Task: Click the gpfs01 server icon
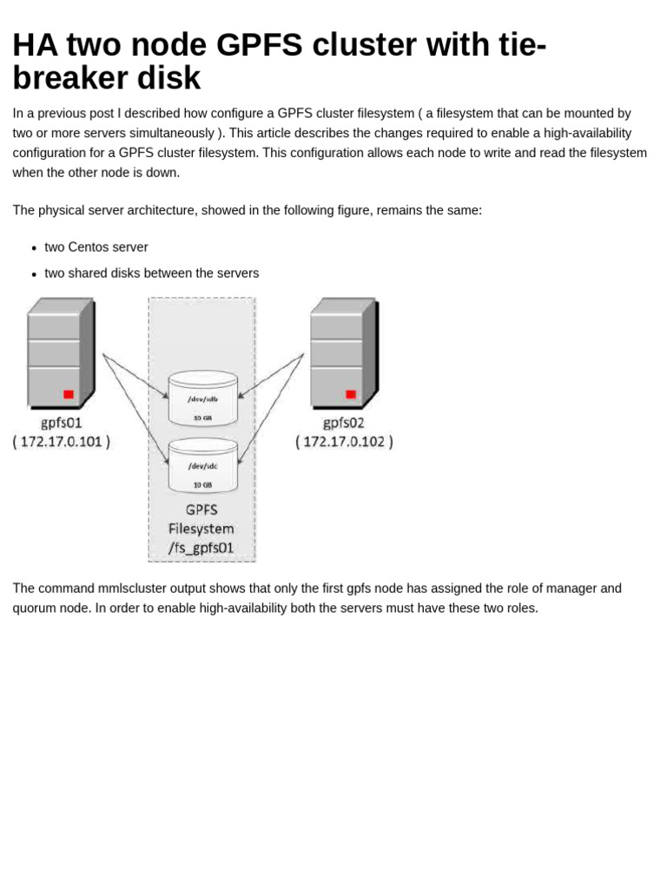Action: click(60, 352)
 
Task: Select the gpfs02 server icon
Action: click(343, 352)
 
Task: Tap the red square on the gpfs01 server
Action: click(69, 394)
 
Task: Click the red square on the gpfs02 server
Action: click(351, 394)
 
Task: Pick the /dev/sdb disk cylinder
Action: click(202, 398)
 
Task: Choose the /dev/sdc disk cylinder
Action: click(202, 465)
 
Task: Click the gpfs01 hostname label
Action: click(61, 423)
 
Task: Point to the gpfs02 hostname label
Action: click(344, 423)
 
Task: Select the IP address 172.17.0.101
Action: click(61, 442)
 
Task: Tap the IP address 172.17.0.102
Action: click(344, 442)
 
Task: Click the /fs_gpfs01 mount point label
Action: click(201, 549)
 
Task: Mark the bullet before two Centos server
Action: click(34, 248)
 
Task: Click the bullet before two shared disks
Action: click(34, 274)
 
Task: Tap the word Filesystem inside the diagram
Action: click(201, 529)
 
